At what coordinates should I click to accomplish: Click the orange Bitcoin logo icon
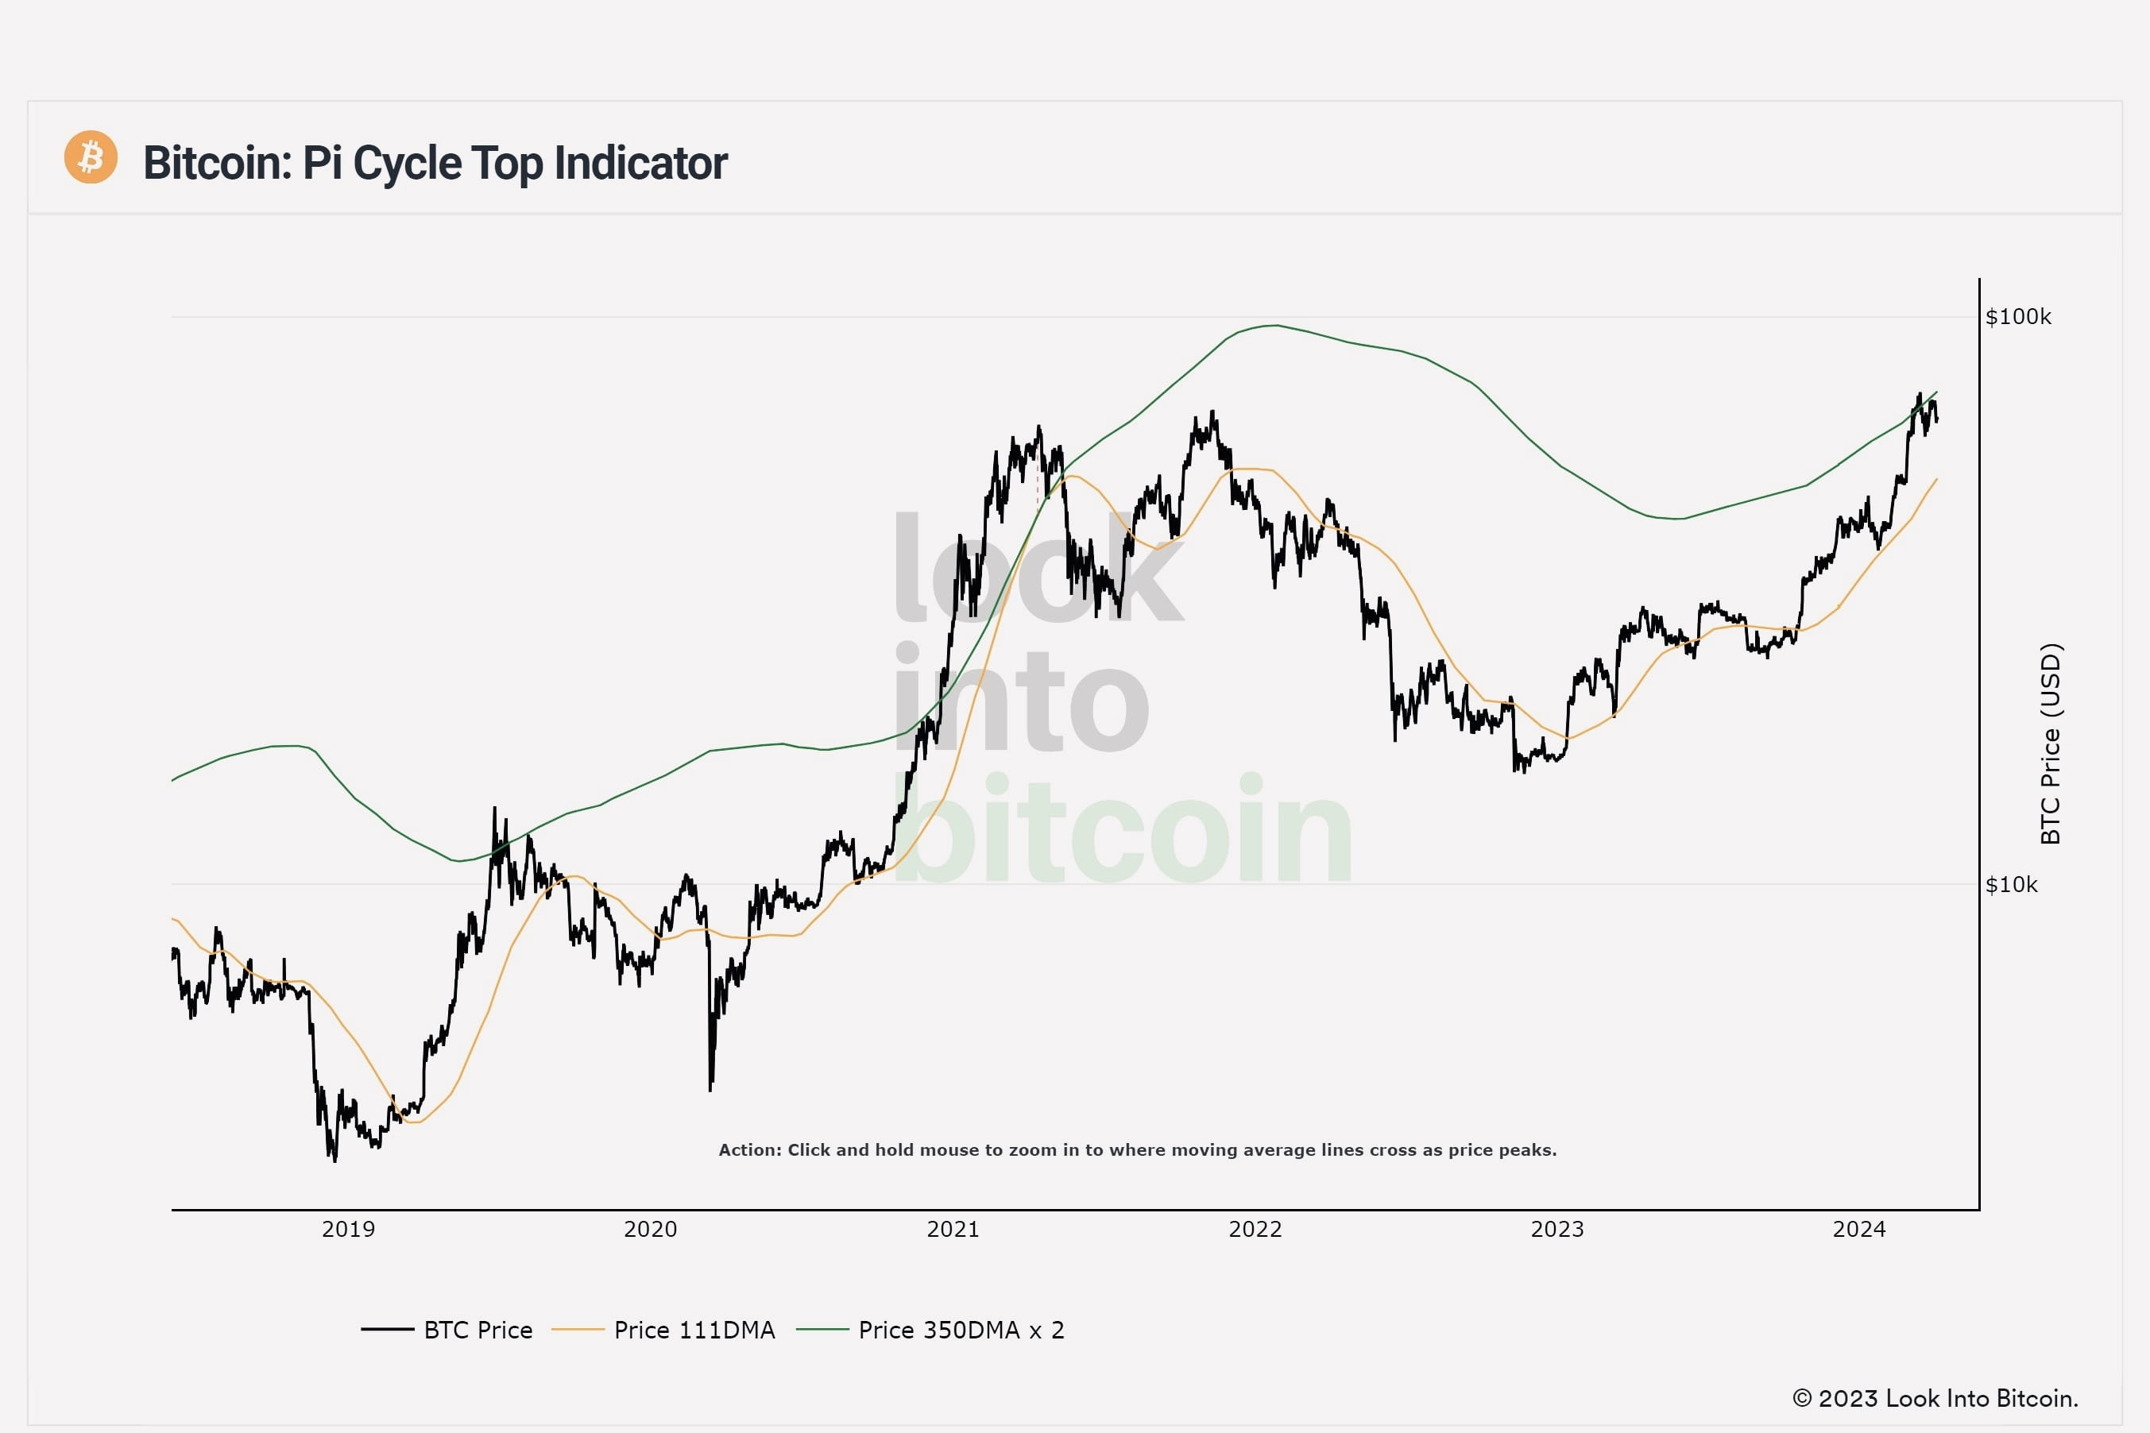coord(91,157)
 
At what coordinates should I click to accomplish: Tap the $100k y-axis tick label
coord(2017,317)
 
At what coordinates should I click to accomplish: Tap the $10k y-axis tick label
coord(2011,885)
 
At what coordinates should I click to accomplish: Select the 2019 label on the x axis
coord(348,1229)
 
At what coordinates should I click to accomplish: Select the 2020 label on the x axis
coord(650,1229)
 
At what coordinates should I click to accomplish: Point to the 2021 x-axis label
coord(953,1229)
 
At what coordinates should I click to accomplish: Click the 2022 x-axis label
coord(1255,1229)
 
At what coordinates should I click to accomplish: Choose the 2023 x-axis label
coord(1556,1229)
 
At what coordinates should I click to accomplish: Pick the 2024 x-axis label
coord(1858,1229)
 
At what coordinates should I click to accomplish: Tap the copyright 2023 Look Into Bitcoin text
coord(1935,1398)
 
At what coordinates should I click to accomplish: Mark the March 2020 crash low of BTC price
coord(710,1089)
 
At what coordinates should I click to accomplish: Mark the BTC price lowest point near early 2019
coord(334,1161)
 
